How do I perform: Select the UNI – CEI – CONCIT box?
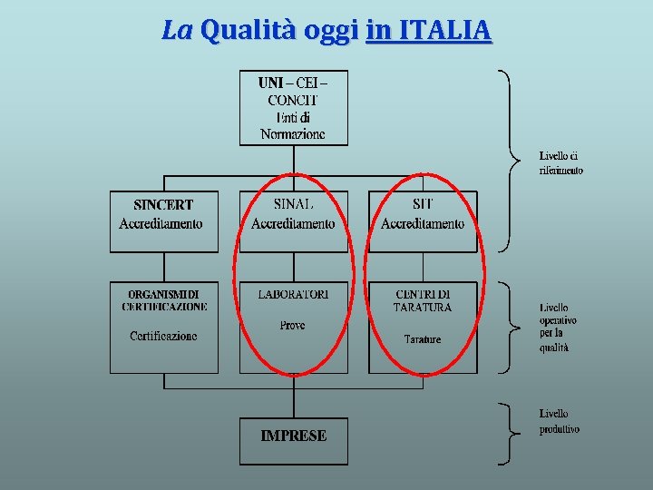293,108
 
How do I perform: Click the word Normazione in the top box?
292,133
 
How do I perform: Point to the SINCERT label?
163,205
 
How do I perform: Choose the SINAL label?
293,204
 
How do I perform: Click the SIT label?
423,204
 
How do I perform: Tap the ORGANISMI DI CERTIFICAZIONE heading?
164,300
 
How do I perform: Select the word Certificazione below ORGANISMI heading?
163,336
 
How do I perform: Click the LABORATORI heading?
293,294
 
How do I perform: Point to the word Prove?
292,325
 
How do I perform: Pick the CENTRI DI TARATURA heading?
423,300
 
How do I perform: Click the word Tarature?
423,339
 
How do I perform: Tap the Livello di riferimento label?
560,163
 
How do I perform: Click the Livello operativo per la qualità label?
558,327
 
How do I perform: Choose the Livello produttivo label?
559,421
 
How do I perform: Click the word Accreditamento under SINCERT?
161,223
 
